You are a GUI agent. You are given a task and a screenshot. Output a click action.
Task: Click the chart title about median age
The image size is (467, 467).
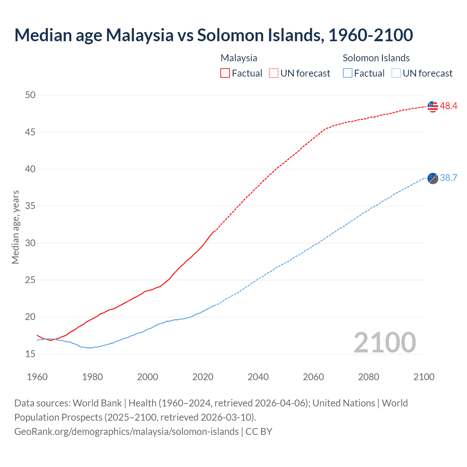coord(213,35)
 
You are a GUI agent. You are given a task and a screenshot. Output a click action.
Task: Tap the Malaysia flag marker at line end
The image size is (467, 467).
coord(433,107)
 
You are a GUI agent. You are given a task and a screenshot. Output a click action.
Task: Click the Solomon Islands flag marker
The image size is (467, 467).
coord(433,178)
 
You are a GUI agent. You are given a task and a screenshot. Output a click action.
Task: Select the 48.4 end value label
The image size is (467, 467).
coord(448,106)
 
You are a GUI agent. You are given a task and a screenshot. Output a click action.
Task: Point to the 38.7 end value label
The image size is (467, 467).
coord(448,178)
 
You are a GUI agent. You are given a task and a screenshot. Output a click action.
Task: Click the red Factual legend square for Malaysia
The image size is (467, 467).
coord(225,73)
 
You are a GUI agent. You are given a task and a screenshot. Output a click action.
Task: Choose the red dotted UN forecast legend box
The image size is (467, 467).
coord(274,73)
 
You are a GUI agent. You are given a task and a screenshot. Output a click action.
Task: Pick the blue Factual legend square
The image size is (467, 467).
coord(348,73)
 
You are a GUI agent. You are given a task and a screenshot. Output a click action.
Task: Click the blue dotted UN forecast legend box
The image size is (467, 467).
coord(396,73)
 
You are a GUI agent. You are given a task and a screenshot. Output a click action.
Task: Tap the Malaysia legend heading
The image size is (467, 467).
coord(239,58)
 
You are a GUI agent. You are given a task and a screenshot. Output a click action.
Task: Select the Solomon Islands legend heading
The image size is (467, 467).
coord(376,58)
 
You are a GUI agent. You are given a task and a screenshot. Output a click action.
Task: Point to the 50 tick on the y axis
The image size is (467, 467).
coord(30,95)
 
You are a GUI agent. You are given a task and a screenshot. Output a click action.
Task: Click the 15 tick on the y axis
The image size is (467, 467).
coord(30,354)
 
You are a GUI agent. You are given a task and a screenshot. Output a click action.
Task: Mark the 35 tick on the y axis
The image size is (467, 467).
coord(30,206)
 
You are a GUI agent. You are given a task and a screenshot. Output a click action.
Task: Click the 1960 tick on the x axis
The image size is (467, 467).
coord(37,377)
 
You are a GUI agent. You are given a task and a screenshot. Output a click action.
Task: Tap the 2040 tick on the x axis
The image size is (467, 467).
coord(258,377)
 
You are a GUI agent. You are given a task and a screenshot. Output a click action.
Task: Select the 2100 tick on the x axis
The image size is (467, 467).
coord(424,377)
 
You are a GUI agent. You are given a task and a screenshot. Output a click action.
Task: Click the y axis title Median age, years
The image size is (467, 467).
coord(15,227)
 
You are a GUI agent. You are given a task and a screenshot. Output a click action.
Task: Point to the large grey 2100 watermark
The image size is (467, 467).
coord(385,342)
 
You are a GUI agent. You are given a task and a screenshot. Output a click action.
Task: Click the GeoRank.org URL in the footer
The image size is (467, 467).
coord(126,432)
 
